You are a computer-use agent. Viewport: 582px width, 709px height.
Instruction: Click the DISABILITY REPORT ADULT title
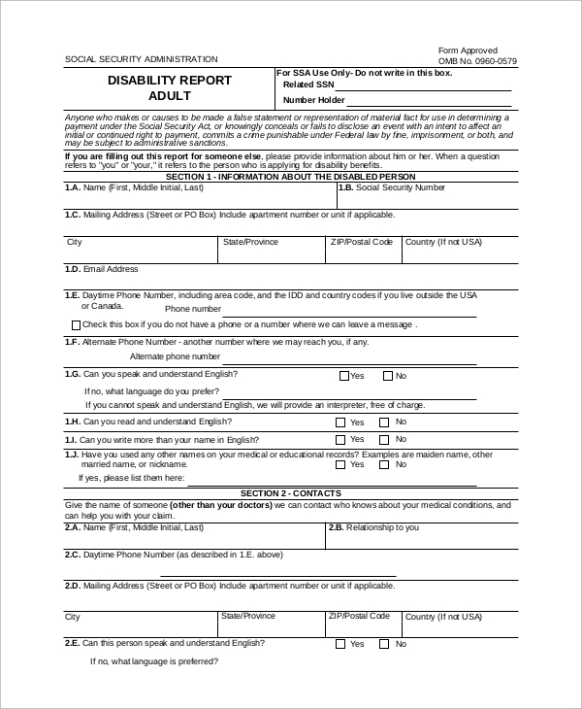click(170, 88)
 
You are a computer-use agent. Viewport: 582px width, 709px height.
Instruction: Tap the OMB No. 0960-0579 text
click(477, 61)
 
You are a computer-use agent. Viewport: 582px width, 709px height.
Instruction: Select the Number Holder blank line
click(428, 102)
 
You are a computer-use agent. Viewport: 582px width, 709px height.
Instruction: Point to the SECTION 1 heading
click(290, 177)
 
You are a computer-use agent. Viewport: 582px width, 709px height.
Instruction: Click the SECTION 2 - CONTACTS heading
click(290, 493)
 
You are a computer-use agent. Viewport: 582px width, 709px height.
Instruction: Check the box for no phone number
click(77, 324)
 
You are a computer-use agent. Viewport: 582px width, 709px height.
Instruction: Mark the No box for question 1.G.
click(388, 376)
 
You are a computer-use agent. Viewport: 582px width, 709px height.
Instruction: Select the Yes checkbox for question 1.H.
click(340, 422)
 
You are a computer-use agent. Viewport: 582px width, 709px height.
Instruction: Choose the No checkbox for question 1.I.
click(384, 440)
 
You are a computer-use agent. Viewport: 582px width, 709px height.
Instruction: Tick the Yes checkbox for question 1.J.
click(340, 464)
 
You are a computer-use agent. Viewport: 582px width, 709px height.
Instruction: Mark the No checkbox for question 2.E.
click(384, 644)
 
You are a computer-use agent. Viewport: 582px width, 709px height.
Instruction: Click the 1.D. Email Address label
click(101, 269)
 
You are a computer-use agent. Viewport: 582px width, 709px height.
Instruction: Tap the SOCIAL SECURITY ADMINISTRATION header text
click(142, 59)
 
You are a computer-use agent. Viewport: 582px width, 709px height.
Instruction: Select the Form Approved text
click(468, 51)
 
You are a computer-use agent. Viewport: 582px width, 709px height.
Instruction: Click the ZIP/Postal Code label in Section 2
click(360, 616)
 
